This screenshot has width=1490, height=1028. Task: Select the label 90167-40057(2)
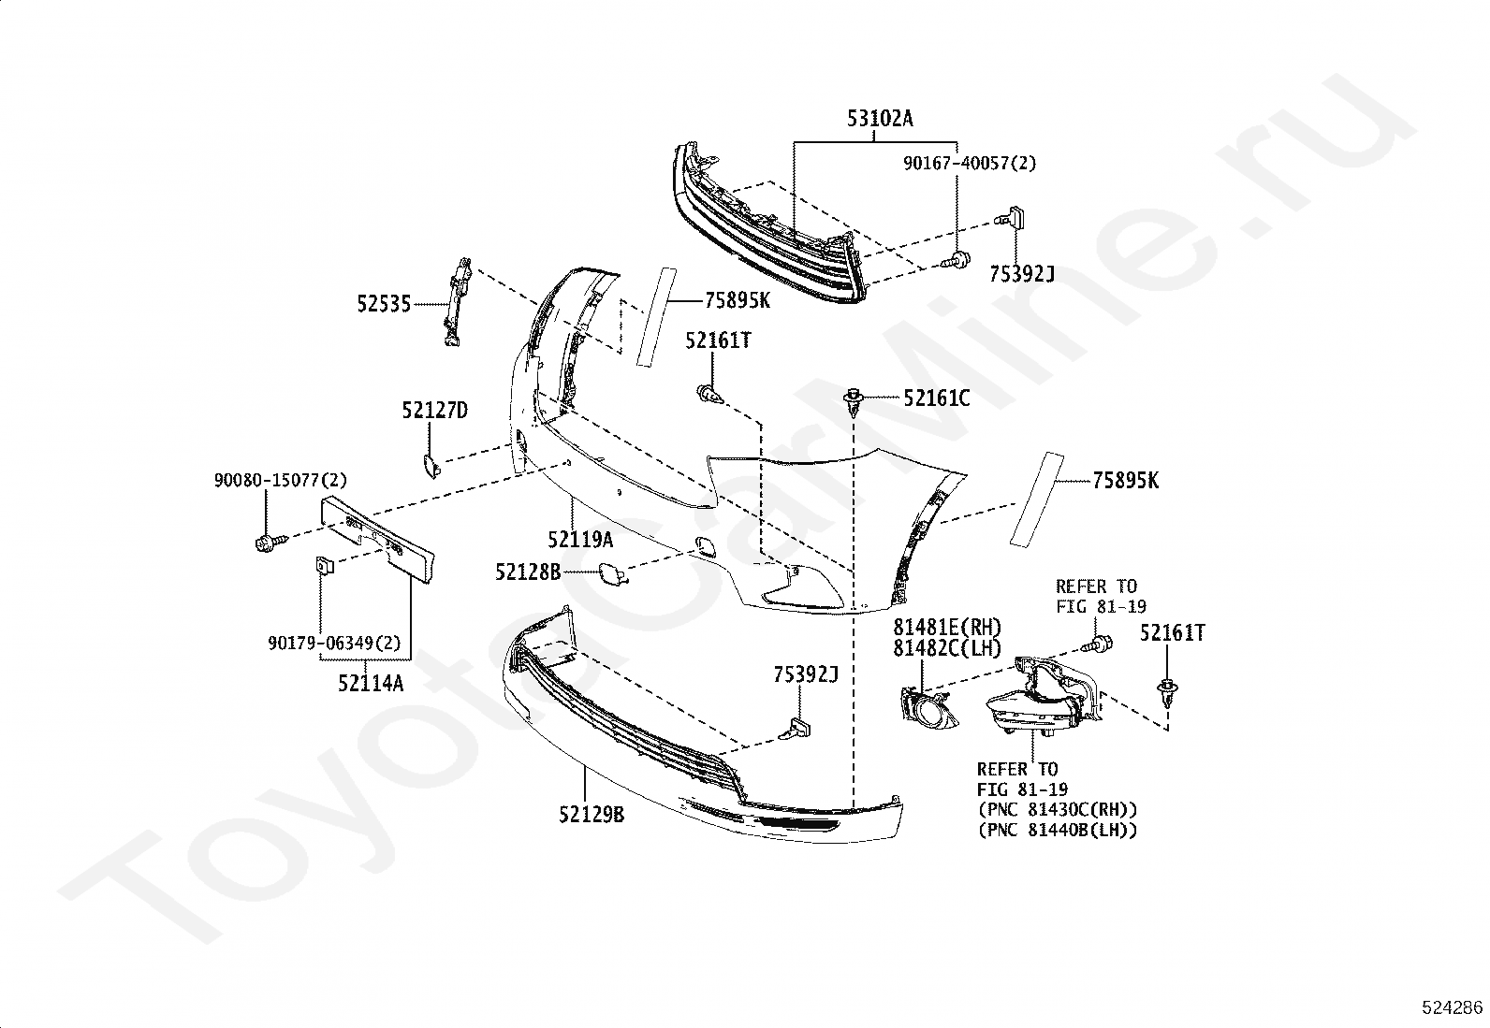pos(970,163)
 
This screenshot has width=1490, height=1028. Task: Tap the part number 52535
pos(383,303)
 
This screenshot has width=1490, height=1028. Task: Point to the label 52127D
pos(434,411)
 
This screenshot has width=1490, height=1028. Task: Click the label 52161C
pos(936,398)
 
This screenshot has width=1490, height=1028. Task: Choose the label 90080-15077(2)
pos(280,480)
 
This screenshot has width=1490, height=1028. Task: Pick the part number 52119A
pos(580,540)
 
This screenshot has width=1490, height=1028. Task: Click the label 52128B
pos(528,571)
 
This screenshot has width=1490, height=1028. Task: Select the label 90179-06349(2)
pos(334,644)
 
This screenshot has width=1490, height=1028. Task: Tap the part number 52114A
pos(371,683)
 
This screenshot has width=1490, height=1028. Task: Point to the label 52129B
pos(592,815)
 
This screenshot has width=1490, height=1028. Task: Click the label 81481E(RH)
pos(946,627)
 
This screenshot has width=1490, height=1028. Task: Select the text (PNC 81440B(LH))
pos(1058,830)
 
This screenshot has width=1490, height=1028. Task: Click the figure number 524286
pos(1452,1007)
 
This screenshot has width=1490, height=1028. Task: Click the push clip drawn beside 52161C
pos(853,400)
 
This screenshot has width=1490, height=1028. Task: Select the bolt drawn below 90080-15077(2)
pos(264,541)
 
